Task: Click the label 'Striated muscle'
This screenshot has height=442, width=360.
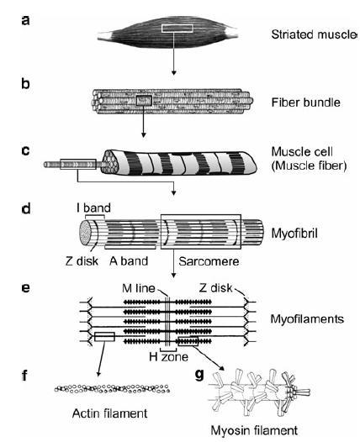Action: coord(314,34)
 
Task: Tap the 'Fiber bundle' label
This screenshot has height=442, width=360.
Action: coord(306,103)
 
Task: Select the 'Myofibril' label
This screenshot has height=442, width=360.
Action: coord(294,234)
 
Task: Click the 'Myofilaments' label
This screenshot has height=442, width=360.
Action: coord(307,319)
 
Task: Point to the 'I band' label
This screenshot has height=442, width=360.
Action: coord(93,208)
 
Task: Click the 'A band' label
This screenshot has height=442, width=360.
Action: coord(129,261)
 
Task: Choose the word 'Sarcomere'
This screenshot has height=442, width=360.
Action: coord(209,261)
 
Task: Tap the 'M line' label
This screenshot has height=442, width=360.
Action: coord(139,288)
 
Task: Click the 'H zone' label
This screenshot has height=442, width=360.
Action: coord(168,357)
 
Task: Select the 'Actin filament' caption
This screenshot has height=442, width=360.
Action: coord(109,413)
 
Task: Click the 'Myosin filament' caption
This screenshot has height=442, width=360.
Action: coord(254,431)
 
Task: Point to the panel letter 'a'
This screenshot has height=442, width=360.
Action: coord(25,20)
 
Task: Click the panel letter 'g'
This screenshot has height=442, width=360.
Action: coord(199,375)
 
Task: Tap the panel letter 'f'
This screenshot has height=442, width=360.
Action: coord(24,376)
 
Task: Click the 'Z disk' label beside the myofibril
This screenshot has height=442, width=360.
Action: coord(82,261)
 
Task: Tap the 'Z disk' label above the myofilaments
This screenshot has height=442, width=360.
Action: coord(216,288)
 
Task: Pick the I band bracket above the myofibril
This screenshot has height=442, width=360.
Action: coord(95,215)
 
